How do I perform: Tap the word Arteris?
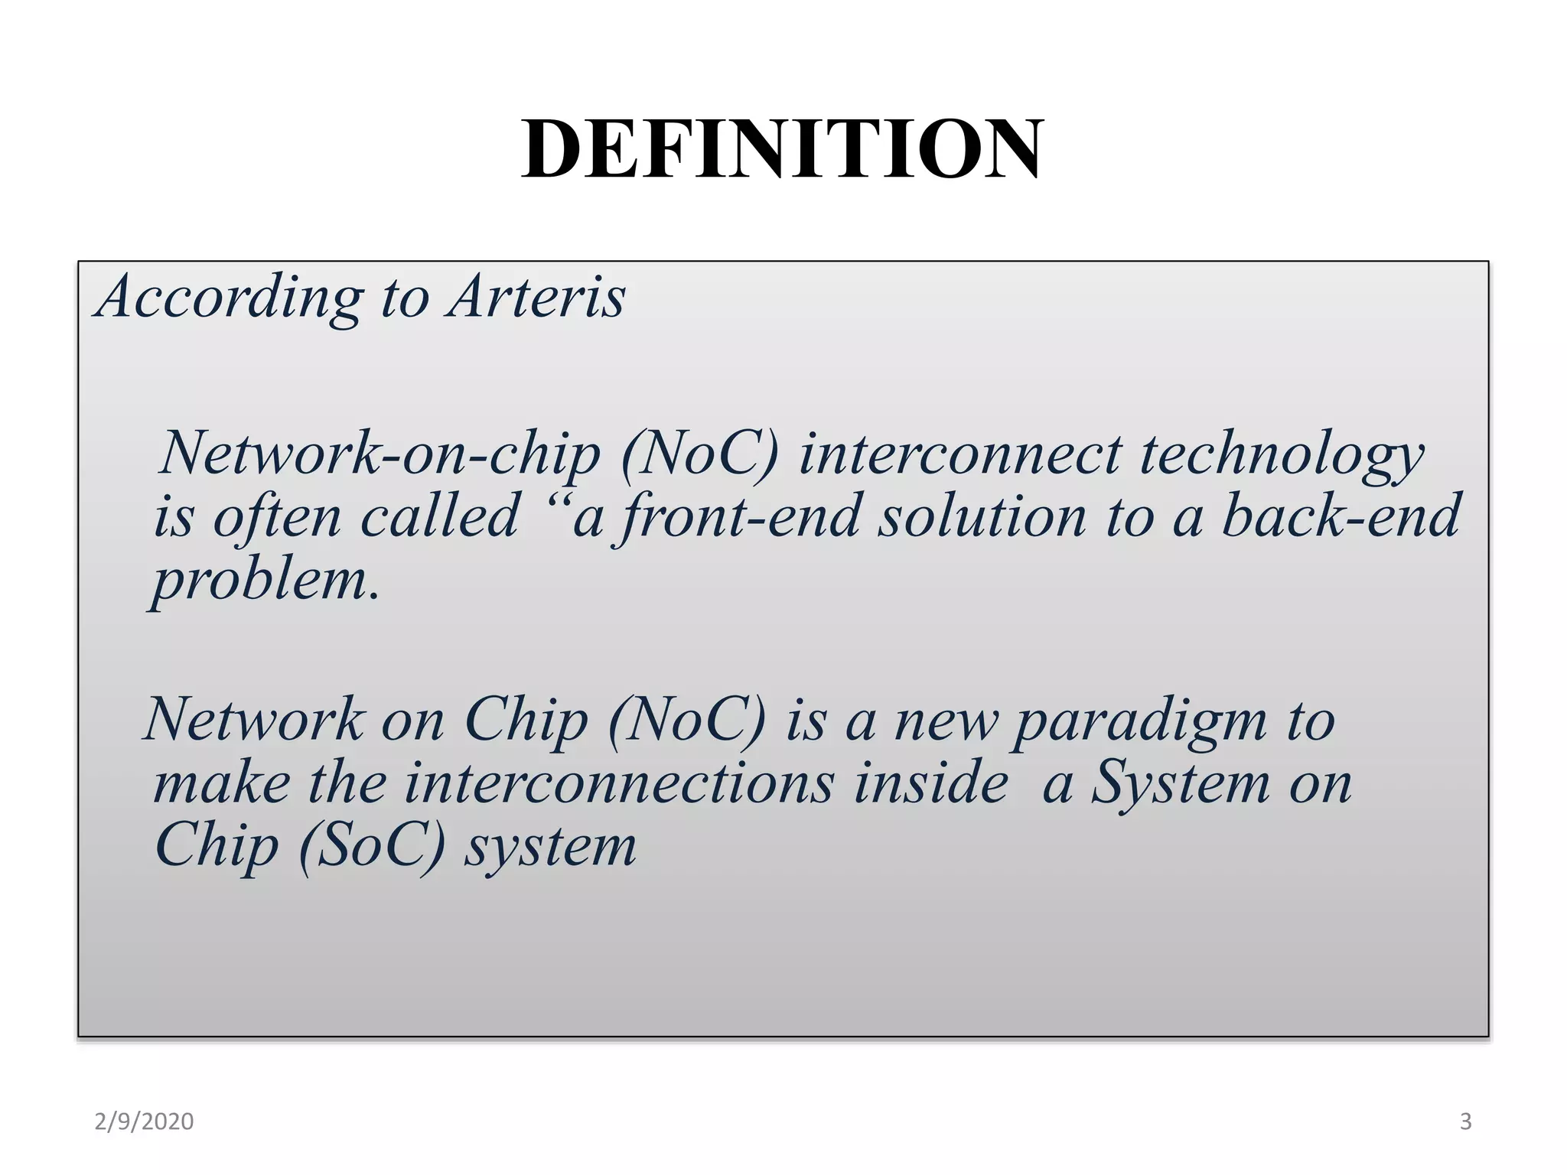(537, 297)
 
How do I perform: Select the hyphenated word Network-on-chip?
(380, 454)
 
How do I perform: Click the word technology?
(1282, 455)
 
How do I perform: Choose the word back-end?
(1341, 516)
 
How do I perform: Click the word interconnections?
(618, 784)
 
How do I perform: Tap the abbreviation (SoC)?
(372, 847)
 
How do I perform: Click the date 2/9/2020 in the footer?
(144, 1121)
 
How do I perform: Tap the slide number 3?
(1465, 1121)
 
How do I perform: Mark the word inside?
(931, 784)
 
